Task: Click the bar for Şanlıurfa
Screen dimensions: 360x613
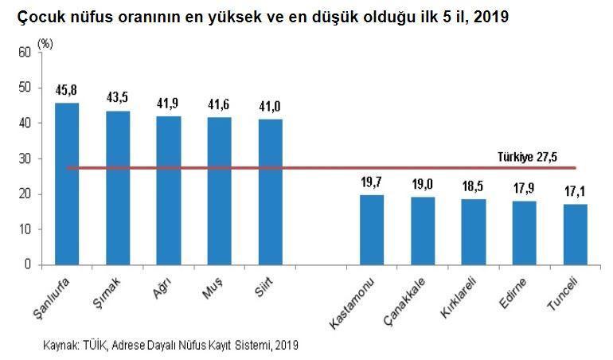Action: pyautogui.click(x=67, y=183)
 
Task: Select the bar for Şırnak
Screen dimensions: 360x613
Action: pyautogui.click(x=118, y=187)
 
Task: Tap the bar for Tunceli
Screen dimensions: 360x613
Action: pyautogui.click(x=575, y=234)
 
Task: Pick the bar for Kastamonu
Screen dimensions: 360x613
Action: pyautogui.click(x=372, y=229)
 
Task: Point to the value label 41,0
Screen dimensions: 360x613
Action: pyautogui.click(x=271, y=107)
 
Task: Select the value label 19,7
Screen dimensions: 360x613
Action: pyautogui.click(x=372, y=182)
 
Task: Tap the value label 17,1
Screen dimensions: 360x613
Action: pyautogui.click(x=575, y=191)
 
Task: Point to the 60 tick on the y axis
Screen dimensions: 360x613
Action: pyautogui.click(x=24, y=53)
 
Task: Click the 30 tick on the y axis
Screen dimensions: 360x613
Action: pyautogui.click(x=24, y=158)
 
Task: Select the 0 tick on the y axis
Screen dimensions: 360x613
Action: pyautogui.click(x=27, y=264)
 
